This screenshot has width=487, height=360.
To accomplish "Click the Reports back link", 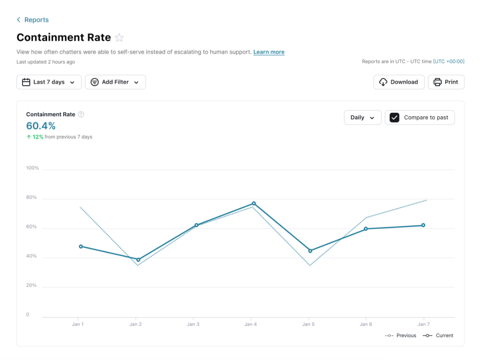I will point(33,20).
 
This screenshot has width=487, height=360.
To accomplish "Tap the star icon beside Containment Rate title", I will point(119,38).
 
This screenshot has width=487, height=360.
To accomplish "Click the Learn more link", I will point(269,52).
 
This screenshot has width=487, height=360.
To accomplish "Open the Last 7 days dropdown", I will point(49,82).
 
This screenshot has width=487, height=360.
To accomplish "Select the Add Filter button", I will point(115,82).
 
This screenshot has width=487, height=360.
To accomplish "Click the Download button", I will point(399,82).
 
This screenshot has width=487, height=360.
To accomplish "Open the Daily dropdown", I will point(363,118).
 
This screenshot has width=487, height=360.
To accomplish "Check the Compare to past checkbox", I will point(394,118).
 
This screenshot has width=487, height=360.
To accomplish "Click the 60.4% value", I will point(41,126).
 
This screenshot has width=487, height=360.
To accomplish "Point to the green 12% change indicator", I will point(36,137).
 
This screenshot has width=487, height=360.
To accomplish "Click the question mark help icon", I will point(81,115).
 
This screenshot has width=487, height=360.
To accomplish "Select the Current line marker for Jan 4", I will point(254,203).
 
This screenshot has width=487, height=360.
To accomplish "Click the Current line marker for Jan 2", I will point(138,260).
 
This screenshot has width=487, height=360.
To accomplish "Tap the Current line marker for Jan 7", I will point(423,225).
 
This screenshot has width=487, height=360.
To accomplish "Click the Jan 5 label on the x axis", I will point(308,324).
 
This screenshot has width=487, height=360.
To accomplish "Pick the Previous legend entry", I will point(401,336).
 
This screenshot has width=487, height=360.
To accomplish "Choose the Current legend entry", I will point(438,336).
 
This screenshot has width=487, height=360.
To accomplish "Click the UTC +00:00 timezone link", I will point(449,62).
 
